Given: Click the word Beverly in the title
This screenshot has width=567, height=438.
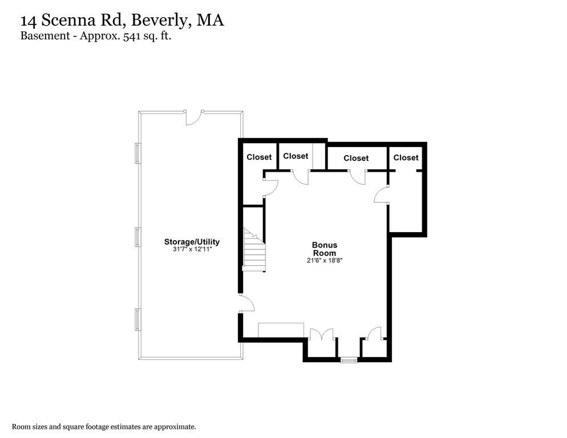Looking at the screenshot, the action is [x=160, y=21].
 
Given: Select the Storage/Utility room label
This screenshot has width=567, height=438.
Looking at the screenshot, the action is [x=192, y=242].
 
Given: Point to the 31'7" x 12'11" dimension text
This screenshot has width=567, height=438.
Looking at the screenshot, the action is [x=192, y=249].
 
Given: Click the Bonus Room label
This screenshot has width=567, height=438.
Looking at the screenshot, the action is [x=325, y=249].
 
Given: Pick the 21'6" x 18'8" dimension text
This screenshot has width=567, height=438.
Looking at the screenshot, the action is [x=325, y=260].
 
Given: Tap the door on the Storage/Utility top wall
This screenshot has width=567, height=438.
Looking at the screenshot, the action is [x=194, y=117].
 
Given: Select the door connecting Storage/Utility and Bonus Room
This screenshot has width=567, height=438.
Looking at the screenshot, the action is [x=246, y=303].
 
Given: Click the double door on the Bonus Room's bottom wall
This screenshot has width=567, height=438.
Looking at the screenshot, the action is [x=322, y=334].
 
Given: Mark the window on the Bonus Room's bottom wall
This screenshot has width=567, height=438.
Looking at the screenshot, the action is [x=349, y=360].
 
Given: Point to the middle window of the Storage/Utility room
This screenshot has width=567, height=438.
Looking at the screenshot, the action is [x=138, y=237].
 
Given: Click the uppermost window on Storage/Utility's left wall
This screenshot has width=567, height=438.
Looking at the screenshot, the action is [x=138, y=153].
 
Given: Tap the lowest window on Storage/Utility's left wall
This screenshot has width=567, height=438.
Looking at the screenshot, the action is [x=138, y=320].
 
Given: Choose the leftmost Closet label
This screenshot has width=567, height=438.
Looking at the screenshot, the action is [x=259, y=157].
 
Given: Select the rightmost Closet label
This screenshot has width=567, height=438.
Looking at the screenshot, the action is [x=406, y=158].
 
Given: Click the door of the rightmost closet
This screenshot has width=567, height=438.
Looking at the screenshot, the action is [x=382, y=195].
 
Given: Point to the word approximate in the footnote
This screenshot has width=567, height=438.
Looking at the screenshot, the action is [x=175, y=427].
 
